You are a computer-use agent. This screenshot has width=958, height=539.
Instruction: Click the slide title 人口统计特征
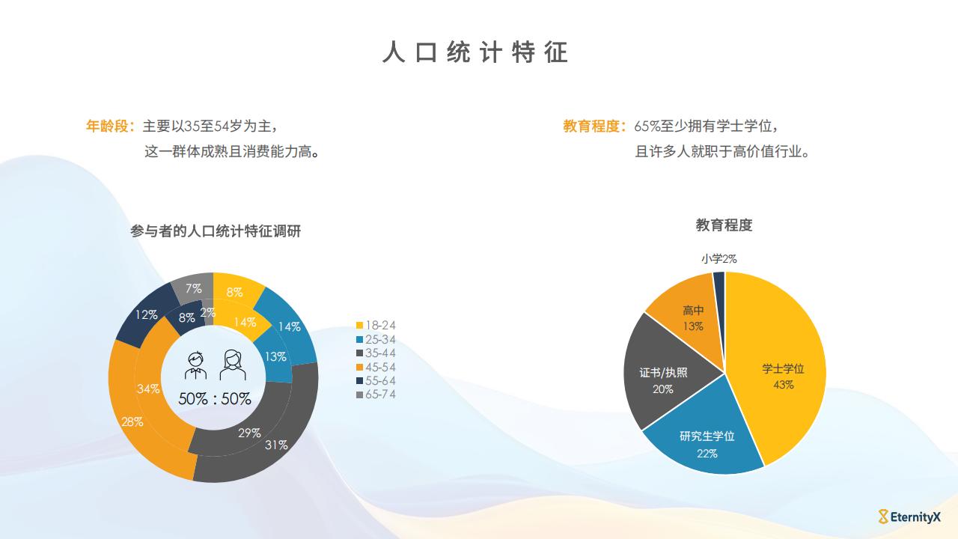click(475, 52)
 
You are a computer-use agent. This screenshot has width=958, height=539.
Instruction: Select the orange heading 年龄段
click(107, 126)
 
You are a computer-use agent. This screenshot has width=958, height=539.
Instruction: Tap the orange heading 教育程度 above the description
click(591, 126)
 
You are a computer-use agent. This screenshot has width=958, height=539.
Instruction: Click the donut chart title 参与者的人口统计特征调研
click(216, 231)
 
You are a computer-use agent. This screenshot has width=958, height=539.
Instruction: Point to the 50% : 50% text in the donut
click(215, 399)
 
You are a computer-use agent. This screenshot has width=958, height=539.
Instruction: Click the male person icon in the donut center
click(196, 365)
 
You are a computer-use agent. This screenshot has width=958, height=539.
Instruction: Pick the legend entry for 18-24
click(376, 326)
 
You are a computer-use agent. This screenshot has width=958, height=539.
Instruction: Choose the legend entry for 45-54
click(376, 367)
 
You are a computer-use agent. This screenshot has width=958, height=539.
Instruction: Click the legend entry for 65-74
click(376, 394)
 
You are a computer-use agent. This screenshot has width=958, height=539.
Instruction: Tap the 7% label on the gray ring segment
click(193, 288)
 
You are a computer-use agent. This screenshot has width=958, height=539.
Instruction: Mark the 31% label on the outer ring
click(276, 445)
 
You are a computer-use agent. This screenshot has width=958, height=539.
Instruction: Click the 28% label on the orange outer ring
click(132, 421)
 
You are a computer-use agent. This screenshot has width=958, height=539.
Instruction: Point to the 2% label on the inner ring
click(208, 312)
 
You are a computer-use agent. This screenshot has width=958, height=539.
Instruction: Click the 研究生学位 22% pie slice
click(706, 441)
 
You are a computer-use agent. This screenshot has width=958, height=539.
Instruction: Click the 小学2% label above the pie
click(719, 258)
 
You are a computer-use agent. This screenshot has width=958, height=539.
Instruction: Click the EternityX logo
click(909, 517)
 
